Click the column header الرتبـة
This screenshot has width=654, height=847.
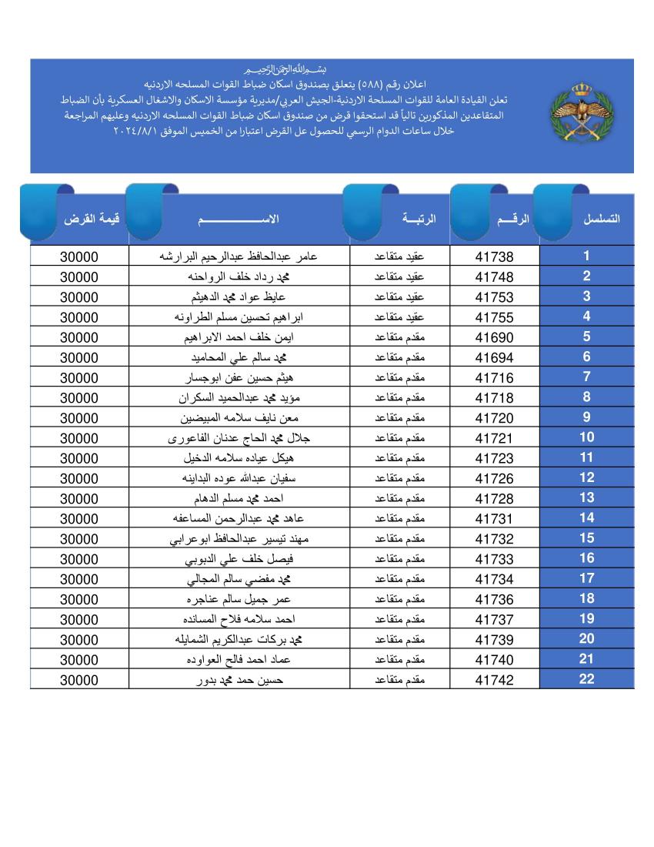click(x=419, y=219)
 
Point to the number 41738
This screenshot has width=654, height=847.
click(x=494, y=257)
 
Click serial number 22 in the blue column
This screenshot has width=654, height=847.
click(x=586, y=679)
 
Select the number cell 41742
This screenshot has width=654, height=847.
click(x=494, y=680)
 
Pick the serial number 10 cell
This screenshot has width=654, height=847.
click(x=586, y=437)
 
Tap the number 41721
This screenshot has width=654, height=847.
click(x=494, y=438)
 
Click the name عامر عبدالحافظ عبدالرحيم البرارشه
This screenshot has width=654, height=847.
click(x=237, y=256)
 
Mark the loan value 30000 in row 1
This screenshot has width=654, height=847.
click(x=79, y=257)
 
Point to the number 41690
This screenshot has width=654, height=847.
click(x=494, y=337)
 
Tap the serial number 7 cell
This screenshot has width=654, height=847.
click(x=586, y=377)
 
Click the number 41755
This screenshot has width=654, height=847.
click(x=494, y=317)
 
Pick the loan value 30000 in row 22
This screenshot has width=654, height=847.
click(x=79, y=680)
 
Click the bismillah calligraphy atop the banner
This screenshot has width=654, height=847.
click(x=284, y=69)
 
